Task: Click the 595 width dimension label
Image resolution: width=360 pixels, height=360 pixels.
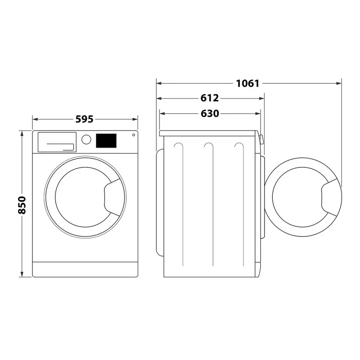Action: tap(84, 119)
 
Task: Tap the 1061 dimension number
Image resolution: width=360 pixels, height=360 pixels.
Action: tap(247, 83)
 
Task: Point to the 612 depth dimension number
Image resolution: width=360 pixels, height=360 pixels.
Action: tap(210, 98)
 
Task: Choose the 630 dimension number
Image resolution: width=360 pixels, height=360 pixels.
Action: tap(210, 113)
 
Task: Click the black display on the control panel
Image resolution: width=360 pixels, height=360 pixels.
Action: tap(106, 140)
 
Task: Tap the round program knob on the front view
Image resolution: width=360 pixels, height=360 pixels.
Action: tap(86, 139)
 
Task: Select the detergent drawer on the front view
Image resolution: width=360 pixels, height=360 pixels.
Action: tap(56, 142)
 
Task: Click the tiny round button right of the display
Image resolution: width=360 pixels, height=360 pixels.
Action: tap(133, 135)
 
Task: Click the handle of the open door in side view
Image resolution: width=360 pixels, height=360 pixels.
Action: tap(331, 195)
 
